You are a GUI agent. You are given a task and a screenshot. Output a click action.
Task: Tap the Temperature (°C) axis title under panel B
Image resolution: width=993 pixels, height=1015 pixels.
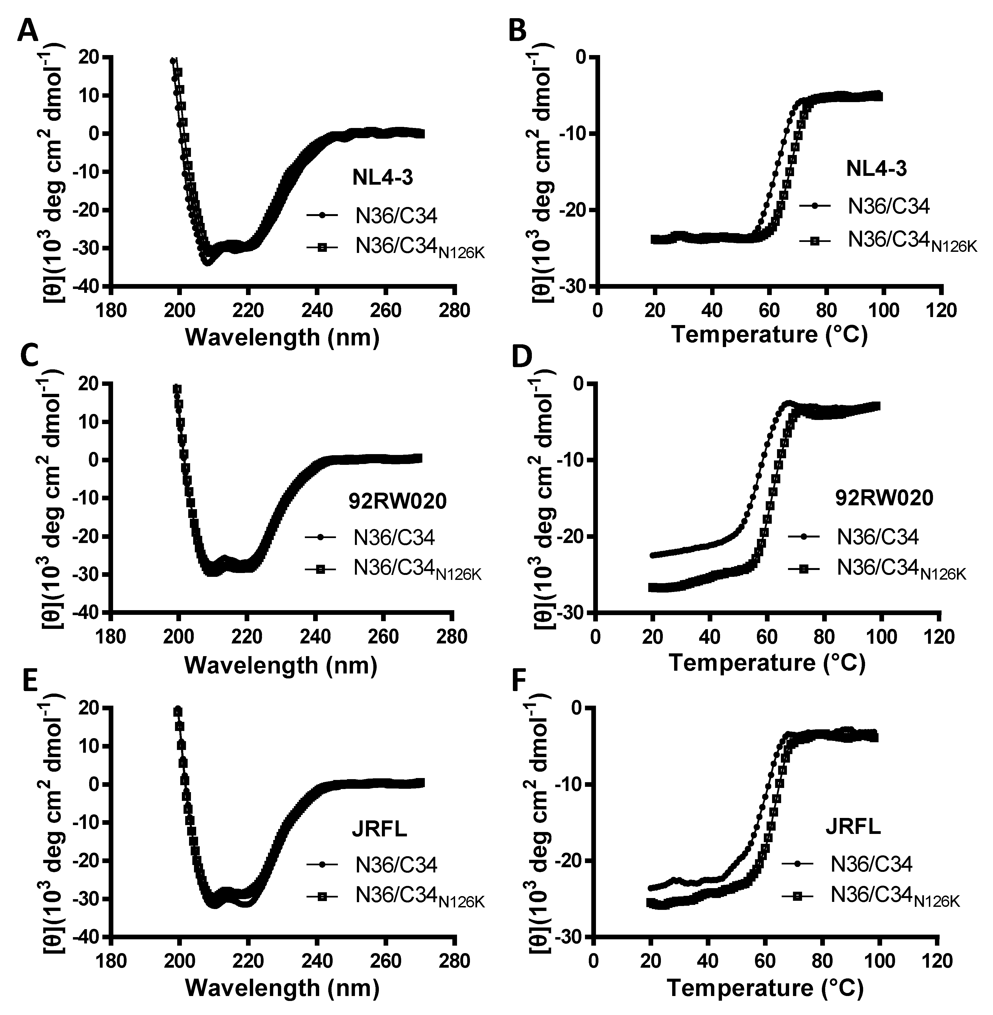(770, 334)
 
